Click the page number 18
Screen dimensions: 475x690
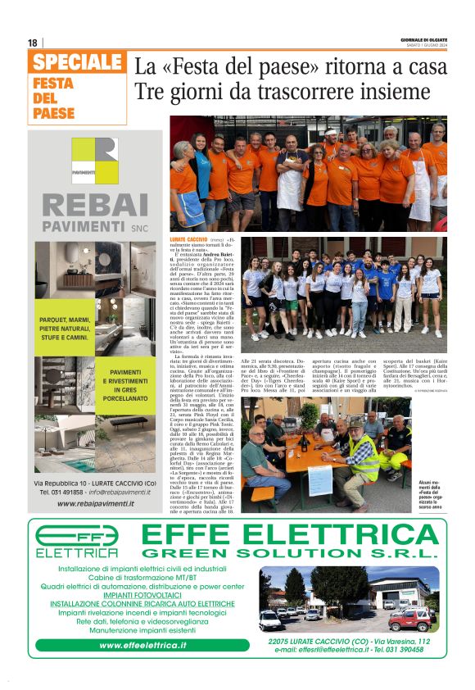point(32,43)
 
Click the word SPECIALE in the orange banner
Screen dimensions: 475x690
point(79,62)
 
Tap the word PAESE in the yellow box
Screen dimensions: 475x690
point(54,114)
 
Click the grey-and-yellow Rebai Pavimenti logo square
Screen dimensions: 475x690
point(95,161)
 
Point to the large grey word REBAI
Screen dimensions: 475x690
point(95,205)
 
